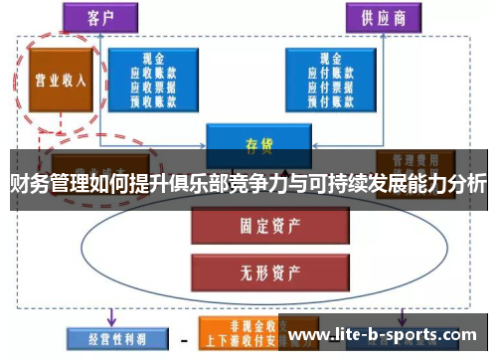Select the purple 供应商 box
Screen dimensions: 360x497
(382, 16)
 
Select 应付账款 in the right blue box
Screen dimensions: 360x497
(325, 73)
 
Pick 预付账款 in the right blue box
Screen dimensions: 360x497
(325, 99)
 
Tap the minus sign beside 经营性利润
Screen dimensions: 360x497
(183, 339)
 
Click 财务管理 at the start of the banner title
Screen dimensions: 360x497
(45, 185)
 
